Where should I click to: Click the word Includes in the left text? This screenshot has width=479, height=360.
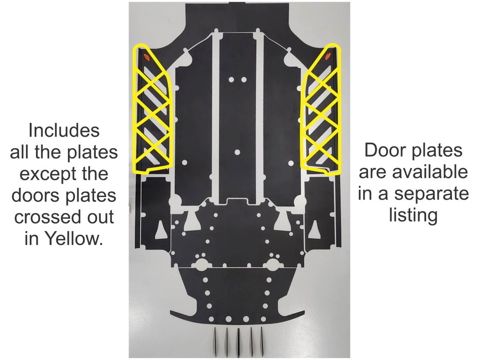(63, 131)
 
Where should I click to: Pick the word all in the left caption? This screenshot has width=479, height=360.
(20, 153)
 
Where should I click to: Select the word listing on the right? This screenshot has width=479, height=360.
(413, 216)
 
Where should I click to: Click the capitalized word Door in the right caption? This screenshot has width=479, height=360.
(383, 150)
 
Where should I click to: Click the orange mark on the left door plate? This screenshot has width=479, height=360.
(146, 56)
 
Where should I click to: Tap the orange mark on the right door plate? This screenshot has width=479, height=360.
(328, 56)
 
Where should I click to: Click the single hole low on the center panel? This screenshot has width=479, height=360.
(237, 152)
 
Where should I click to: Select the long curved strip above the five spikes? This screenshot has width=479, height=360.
(237, 324)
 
